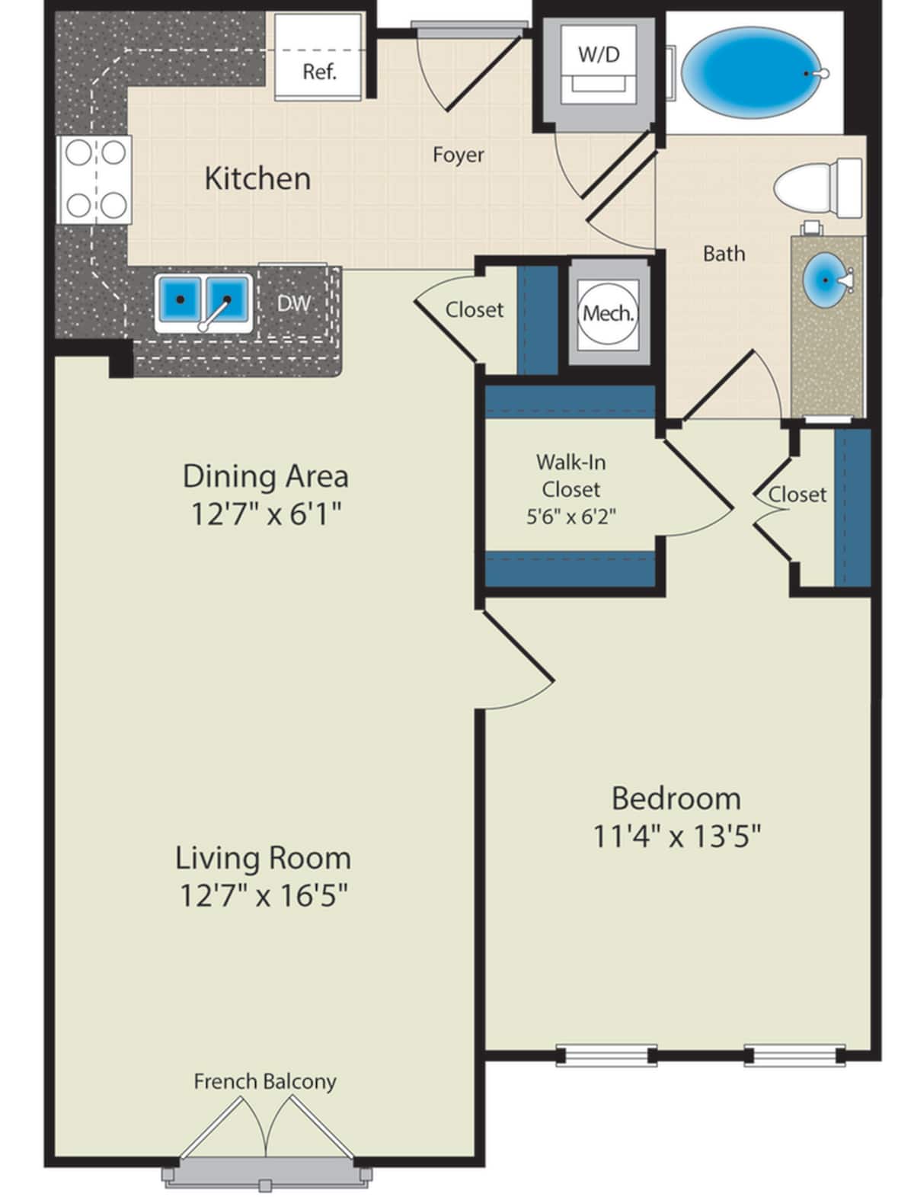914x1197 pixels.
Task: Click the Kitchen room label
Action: tap(257, 178)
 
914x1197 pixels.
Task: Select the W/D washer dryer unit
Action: tap(599, 65)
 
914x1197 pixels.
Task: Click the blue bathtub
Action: tap(751, 72)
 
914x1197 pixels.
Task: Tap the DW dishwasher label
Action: tap(293, 303)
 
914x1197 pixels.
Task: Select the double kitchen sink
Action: tap(203, 302)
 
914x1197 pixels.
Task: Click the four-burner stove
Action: tap(95, 179)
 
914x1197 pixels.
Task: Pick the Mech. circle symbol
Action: tap(609, 313)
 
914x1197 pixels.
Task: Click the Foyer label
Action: tap(458, 155)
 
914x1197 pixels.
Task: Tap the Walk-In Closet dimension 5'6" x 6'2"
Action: tap(570, 517)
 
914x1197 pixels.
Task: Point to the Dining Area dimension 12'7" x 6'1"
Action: tap(265, 515)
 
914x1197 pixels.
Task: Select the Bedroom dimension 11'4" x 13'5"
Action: tap(676, 837)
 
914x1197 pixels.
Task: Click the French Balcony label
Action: tap(264, 1081)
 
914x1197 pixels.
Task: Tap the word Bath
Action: tap(724, 253)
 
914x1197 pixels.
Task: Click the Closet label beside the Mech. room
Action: tap(474, 309)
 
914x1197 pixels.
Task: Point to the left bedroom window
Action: tap(606, 1055)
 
